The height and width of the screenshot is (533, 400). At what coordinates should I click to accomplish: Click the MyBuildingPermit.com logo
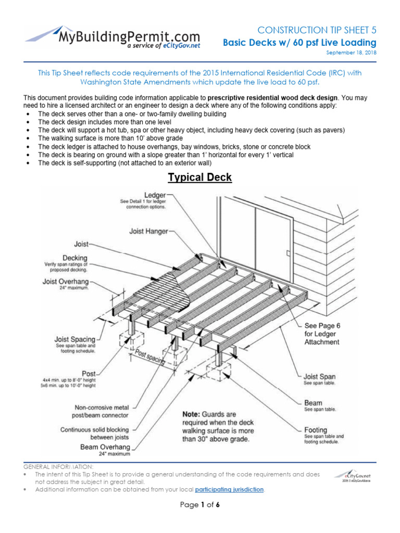pos(113,37)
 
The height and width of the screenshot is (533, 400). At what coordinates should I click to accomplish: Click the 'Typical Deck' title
pos(199,177)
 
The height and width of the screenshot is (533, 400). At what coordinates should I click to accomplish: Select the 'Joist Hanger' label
pos(149,230)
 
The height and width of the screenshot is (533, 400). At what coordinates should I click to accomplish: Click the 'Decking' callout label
pos(75,258)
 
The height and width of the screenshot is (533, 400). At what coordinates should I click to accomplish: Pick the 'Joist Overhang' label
pos(65,282)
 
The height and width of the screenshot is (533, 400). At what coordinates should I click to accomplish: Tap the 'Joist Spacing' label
pos(75,339)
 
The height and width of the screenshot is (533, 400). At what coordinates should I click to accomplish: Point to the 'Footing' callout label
pos(316,430)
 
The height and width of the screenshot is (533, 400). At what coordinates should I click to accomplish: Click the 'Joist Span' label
pos(320,376)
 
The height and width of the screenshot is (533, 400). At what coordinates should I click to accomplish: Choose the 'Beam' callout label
pos(313,403)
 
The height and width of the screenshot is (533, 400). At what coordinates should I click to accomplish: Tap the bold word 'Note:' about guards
pos(192,414)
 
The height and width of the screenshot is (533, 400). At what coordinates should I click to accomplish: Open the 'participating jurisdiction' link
pos(229,490)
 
